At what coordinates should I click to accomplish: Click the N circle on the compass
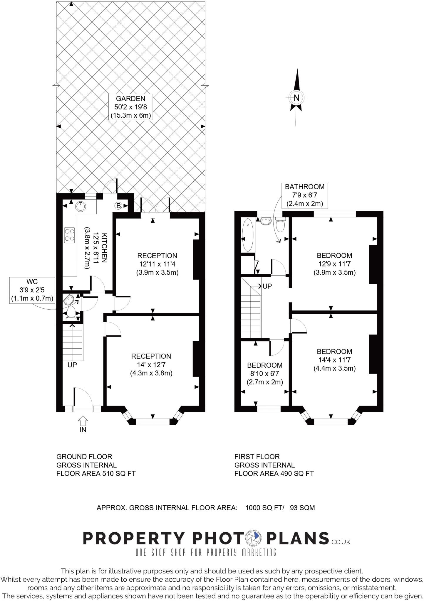click(296, 98)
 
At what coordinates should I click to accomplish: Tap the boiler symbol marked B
click(118, 206)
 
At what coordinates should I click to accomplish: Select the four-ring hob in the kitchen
click(70, 235)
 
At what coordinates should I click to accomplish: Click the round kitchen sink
click(81, 206)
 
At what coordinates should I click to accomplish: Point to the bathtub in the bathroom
click(247, 235)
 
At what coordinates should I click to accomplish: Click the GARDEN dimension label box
click(131, 107)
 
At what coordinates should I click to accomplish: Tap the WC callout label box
click(32, 290)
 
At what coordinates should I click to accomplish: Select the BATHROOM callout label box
click(305, 195)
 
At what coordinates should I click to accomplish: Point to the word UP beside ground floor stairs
click(72, 365)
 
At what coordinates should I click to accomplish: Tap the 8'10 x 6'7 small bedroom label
click(264, 374)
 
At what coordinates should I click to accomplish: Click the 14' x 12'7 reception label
click(151, 364)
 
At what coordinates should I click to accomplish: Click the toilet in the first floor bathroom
click(281, 225)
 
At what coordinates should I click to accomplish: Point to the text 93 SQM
click(302, 508)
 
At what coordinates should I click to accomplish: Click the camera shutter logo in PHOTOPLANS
click(252, 538)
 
